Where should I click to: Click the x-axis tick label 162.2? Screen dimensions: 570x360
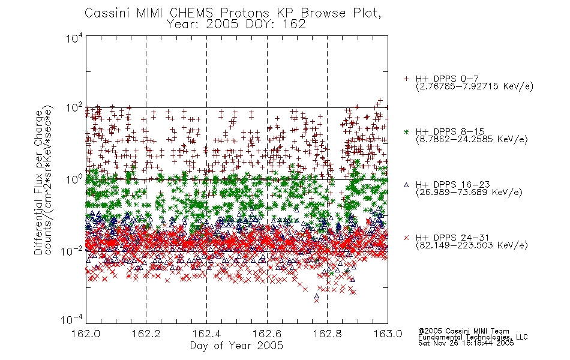point(146,334)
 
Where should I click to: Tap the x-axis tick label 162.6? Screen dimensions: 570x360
point(267,334)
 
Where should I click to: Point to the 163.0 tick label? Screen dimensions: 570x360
point(388,334)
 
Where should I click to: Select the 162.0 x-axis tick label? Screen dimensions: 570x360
point(86,334)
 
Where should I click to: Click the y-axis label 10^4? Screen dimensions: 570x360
point(74,38)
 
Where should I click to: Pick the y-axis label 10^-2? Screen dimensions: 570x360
point(72,250)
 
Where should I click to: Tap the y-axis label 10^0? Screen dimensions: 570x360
point(74,179)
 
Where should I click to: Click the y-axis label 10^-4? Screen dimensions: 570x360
point(72,319)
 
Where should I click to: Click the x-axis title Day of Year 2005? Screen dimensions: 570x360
point(236,346)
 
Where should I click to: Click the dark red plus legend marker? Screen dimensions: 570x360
point(406,79)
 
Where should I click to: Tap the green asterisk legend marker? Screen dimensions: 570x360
point(406,131)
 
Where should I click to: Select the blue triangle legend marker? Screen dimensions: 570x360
point(406,185)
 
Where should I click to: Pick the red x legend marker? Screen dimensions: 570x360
point(406,238)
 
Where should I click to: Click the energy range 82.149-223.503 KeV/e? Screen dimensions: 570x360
point(472,245)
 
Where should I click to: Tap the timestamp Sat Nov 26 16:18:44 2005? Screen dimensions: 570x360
point(466,343)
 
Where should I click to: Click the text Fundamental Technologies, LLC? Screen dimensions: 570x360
point(473,337)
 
